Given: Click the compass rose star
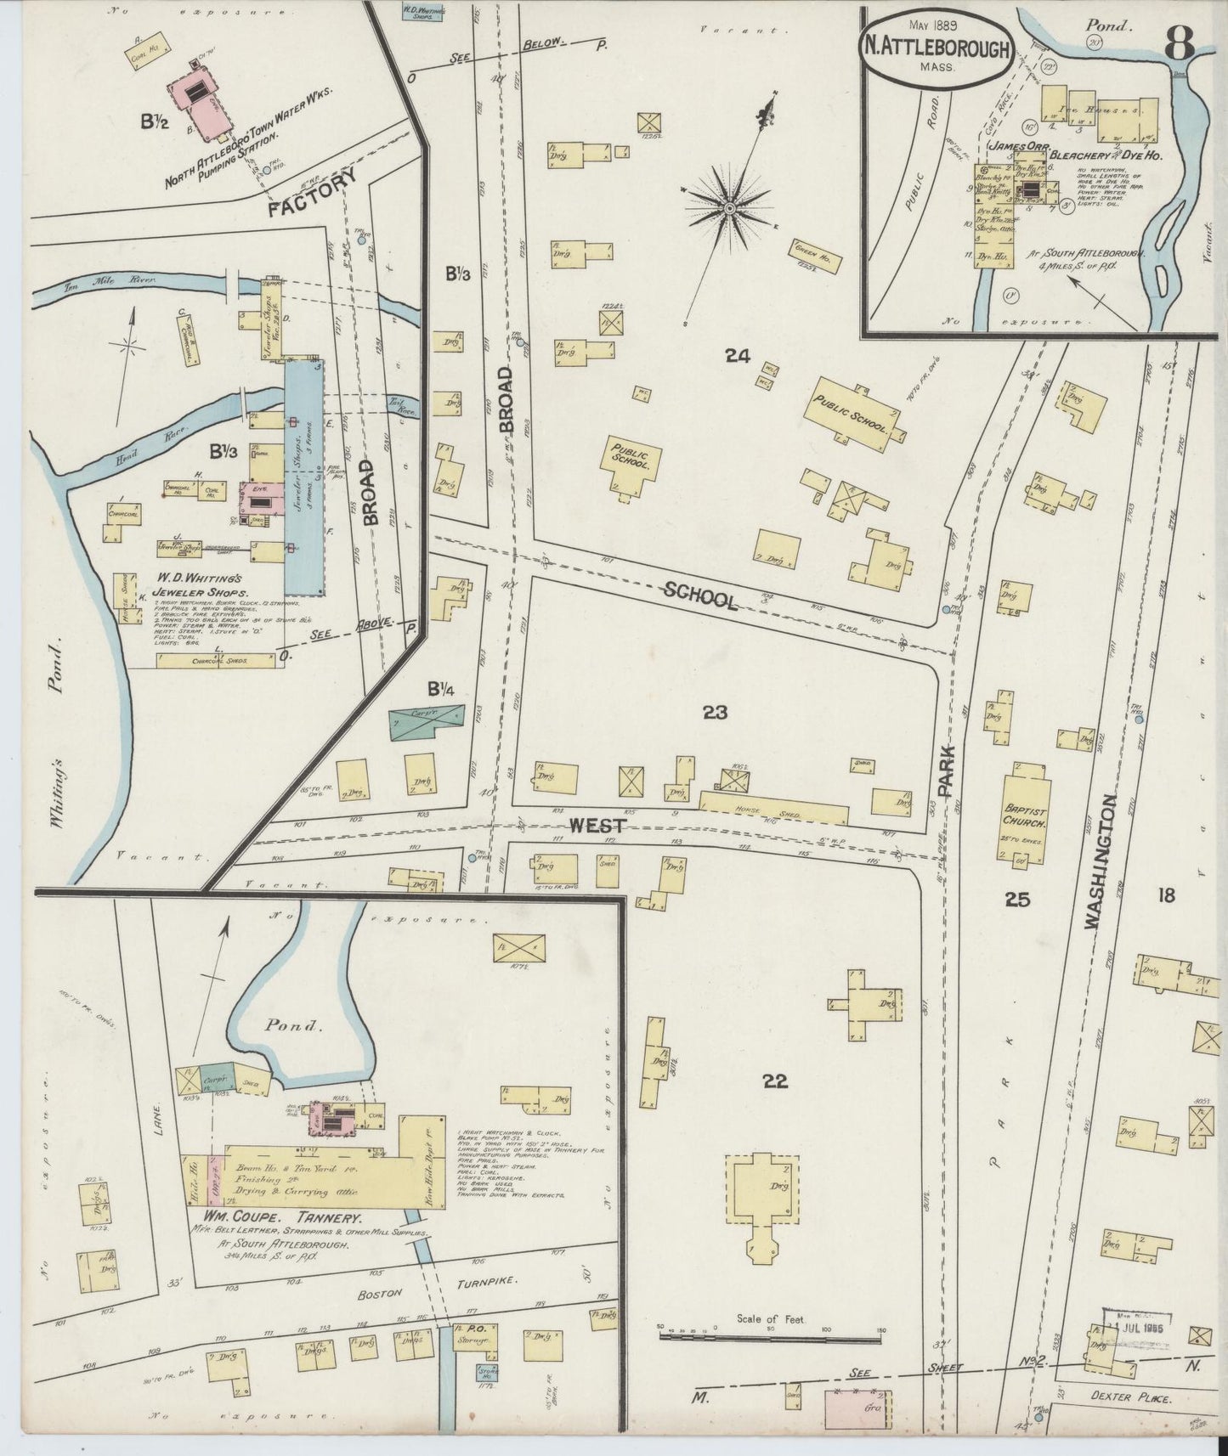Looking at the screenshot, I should [x=728, y=206].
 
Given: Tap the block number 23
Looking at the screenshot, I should [x=715, y=713].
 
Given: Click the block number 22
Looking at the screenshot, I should [x=774, y=1081].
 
